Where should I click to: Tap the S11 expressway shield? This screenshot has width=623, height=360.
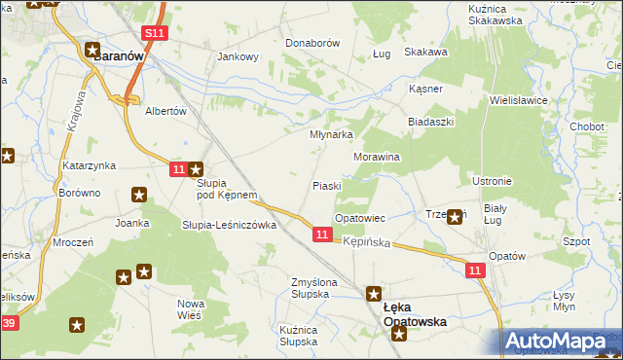[154, 33]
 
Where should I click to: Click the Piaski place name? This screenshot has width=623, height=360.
[326, 185]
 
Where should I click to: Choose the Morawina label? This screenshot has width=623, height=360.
[377, 156]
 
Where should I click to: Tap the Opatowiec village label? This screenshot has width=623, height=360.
[361, 219]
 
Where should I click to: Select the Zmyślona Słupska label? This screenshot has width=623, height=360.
[313, 289]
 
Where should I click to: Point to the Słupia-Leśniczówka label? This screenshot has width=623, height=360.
[231, 225]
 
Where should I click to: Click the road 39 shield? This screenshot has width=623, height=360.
[9, 322]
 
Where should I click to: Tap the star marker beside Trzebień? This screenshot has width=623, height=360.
[455, 218]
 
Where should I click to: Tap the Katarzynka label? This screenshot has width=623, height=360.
[91, 166]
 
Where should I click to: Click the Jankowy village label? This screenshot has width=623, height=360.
[238, 56]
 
